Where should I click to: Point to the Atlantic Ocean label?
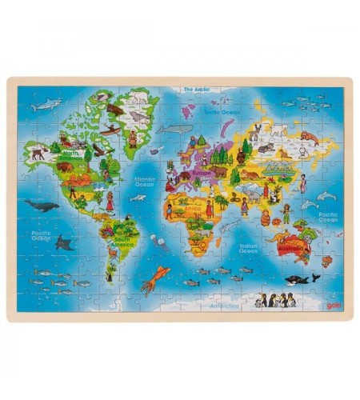point(144,182)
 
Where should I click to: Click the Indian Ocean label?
point(247,249)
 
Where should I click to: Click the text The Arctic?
point(196,90)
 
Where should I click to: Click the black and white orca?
point(302,279)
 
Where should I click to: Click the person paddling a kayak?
point(110,130)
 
